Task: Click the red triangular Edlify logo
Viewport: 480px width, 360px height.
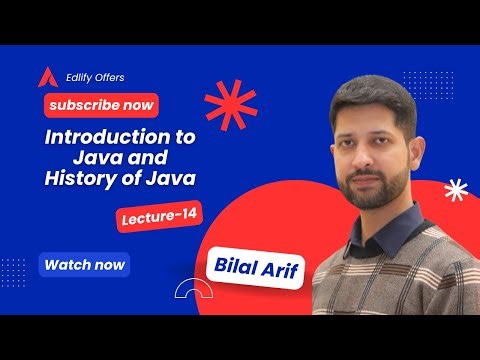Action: coord(44,77)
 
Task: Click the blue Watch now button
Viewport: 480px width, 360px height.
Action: coord(84,265)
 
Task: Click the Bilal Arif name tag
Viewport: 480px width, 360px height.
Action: coord(258,266)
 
